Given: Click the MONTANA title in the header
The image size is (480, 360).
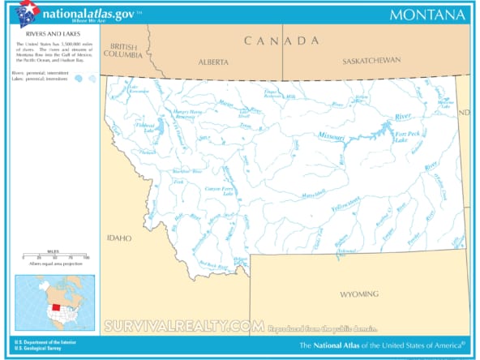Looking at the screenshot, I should click(427, 15).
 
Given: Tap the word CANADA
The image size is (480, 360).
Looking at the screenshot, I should click(283, 41).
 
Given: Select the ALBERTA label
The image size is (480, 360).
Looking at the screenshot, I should click(213, 62).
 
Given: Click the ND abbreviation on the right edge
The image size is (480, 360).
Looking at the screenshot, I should click(464, 113).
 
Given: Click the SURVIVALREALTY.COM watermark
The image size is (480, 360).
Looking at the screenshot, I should click(183, 327).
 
